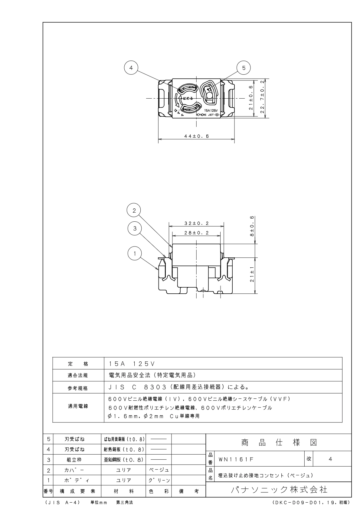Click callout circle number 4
tap(131, 68)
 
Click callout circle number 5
tap(244, 68)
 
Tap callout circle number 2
tap(134, 210)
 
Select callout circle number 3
tap(135, 228)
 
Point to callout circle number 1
tap(135, 253)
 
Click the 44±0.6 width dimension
tap(196, 136)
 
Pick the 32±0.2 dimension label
tap(196, 224)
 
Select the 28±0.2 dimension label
tap(196, 233)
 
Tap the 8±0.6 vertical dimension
tap(252, 226)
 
